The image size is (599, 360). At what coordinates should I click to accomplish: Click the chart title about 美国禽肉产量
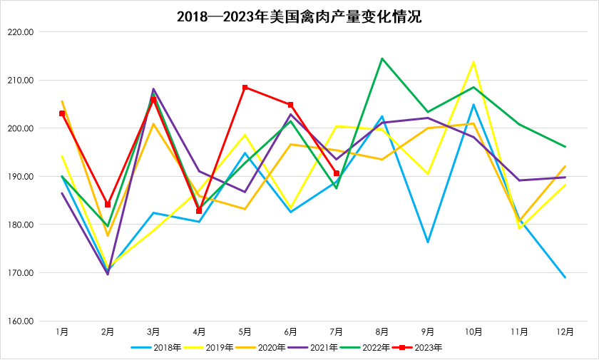[299, 16]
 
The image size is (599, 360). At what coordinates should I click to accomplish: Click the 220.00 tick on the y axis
[24, 32]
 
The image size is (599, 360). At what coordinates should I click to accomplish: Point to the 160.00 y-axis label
[24, 322]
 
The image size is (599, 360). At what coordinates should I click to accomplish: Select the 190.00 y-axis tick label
[24, 177]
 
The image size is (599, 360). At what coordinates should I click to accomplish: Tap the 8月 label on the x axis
[382, 331]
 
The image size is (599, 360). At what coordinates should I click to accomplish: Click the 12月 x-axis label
[565, 331]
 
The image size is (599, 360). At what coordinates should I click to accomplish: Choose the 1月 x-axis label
[62, 331]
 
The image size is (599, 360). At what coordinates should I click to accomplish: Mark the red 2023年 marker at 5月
[245, 88]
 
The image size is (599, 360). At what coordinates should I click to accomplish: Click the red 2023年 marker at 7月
[337, 173]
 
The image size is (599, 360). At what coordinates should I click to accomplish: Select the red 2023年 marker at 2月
[108, 205]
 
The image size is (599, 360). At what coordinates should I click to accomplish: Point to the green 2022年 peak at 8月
[382, 58]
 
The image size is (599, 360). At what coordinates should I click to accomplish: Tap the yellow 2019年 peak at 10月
[473, 62]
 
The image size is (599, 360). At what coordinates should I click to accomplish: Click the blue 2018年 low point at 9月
[428, 242]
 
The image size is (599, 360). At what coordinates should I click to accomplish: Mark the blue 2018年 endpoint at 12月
[565, 277]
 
